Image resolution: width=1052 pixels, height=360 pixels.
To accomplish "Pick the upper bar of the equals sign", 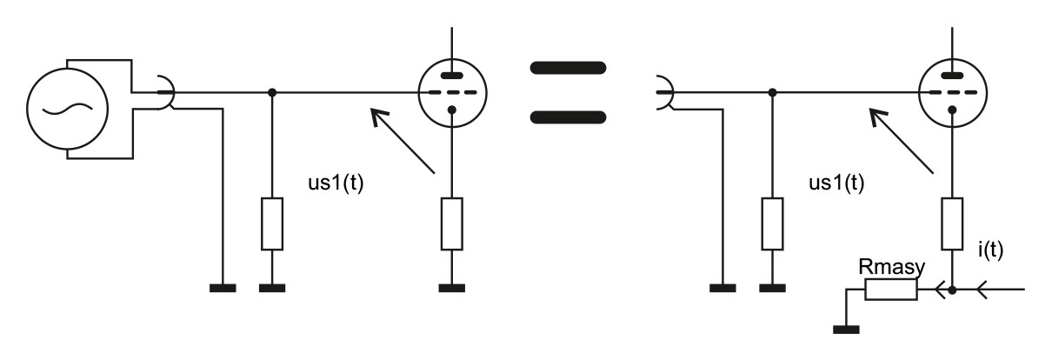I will (x=567, y=68).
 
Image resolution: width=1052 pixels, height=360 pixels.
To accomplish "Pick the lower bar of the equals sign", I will (x=567, y=116).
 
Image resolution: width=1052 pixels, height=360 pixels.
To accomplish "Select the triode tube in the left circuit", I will (x=452, y=91).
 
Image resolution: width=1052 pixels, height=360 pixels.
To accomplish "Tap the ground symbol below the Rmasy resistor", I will (x=846, y=328).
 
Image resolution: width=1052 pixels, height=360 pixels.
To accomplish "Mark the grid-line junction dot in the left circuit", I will (x=272, y=91).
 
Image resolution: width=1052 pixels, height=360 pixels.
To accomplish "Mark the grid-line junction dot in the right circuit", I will (x=773, y=91).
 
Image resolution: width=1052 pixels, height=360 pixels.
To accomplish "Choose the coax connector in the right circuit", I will (x=664, y=91).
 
